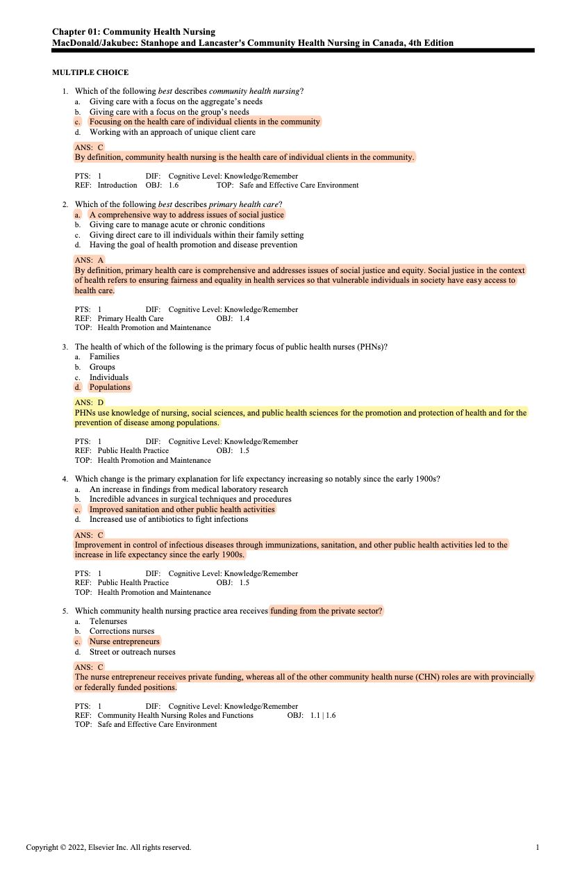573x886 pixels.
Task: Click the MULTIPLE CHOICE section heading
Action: pyautogui.click(x=90, y=72)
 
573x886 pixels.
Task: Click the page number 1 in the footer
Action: pyautogui.click(x=538, y=847)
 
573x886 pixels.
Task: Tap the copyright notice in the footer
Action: pyautogui.click(x=108, y=847)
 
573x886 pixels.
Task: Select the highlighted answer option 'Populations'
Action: pyautogui.click(x=110, y=387)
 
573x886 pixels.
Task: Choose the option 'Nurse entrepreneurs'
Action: pyautogui.click(x=125, y=641)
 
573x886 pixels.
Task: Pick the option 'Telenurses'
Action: pyautogui.click(x=108, y=621)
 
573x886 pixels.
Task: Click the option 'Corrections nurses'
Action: pyautogui.click(x=122, y=631)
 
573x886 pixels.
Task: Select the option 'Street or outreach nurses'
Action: pyautogui.click(x=133, y=652)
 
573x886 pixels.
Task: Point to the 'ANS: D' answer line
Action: pyautogui.click(x=90, y=402)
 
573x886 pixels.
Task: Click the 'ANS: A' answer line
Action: pyautogui.click(x=90, y=260)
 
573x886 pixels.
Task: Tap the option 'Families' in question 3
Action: pyautogui.click(x=105, y=356)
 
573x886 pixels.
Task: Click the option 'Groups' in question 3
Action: pyautogui.click(x=102, y=367)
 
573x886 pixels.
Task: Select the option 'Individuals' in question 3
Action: pyautogui.click(x=109, y=377)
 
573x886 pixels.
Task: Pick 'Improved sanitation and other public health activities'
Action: pyautogui.click(x=183, y=509)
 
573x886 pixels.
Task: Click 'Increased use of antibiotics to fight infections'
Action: pyautogui.click(x=169, y=519)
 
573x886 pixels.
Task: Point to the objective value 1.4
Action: pyautogui.click(x=244, y=318)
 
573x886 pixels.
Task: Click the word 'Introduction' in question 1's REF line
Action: pyautogui.click(x=117, y=185)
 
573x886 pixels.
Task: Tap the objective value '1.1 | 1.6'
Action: pyautogui.click(x=323, y=714)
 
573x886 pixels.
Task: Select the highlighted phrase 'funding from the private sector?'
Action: pyautogui.click(x=326, y=611)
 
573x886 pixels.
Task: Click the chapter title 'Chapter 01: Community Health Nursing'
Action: pyautogui.click(x=134, y=32)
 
